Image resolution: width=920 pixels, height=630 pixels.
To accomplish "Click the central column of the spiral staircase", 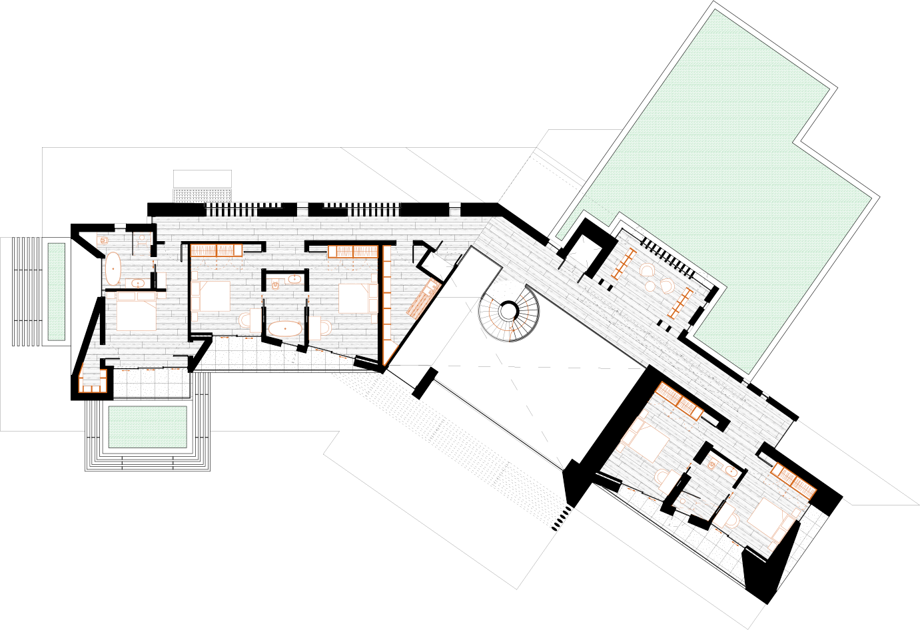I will pos(509,310).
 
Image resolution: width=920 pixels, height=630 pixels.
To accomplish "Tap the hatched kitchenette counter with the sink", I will pos(420,299).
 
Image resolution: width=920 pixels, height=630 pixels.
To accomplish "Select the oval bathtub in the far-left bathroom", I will pos(113,268).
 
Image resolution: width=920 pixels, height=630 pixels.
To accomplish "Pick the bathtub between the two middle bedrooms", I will pos(285,328).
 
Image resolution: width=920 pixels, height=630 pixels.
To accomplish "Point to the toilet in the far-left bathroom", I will pos(104,240).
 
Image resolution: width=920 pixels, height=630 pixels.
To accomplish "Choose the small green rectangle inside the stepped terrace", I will pos(147,427).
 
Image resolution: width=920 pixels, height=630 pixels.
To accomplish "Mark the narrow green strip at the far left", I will pos(57,292).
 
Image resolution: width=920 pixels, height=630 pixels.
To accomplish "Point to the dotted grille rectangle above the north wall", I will pos(203,195).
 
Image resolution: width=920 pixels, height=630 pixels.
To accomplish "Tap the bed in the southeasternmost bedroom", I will pos(773,519).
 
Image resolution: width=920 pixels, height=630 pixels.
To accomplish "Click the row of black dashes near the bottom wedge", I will pos(561,518).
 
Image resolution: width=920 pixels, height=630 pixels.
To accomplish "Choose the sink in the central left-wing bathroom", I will pos(293,280).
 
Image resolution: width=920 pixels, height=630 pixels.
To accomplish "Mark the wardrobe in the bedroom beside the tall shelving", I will pos(352,252).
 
